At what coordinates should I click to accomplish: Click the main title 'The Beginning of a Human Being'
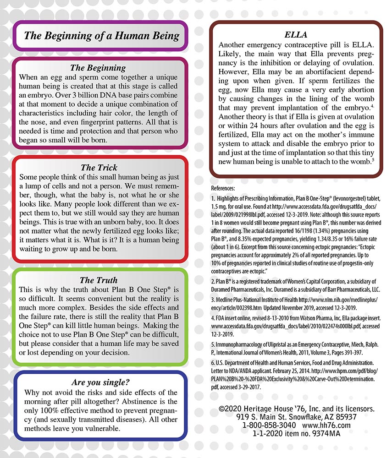tap(101, 36)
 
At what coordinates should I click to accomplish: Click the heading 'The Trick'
tap(99, 168)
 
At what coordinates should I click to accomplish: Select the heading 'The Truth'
tap(99, 280)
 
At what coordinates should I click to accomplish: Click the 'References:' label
tap(222, 189)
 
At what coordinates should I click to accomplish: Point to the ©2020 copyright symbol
tap(222, 409)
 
